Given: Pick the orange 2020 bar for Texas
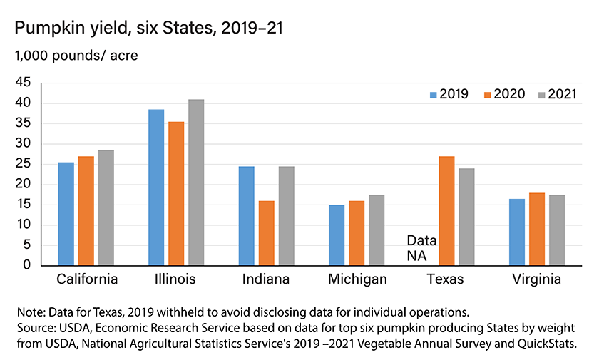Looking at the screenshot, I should pyautogui.click(x=446, y=211).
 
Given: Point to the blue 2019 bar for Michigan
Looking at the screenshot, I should pyautogui.click(x=337, y=235).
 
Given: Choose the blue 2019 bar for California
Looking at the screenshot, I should pyautogui.click(x=66, y=214).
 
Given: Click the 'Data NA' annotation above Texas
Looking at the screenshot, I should pyautogui.click(x=421, y=248).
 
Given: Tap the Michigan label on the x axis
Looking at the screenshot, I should pyautogui.click(x=357, y=279).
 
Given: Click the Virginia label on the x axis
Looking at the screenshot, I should pyautogui.click(x=536, y=279).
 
